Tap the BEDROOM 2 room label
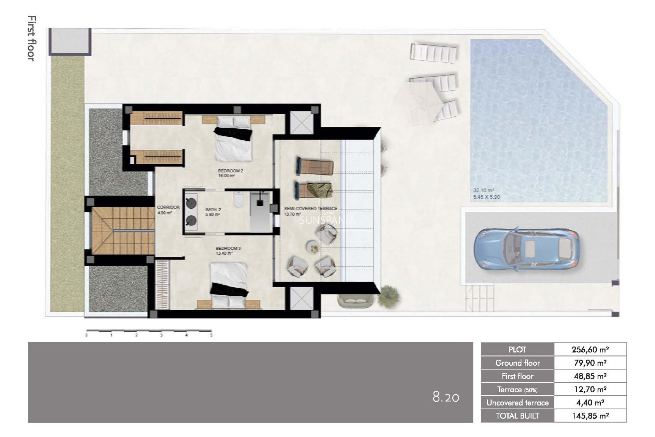(230, 170)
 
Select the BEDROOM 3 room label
(228, 248)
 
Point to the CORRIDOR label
(168, 207)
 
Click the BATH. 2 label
(213, 210)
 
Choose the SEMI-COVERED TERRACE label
(310, 208)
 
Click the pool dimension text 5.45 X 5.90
(486, 197)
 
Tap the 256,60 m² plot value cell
(590, 350)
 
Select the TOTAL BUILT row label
(517, 416)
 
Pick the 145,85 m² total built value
(590, 416)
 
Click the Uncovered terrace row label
(517, 403)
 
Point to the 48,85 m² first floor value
(590, 376)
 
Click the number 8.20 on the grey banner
(446, 397)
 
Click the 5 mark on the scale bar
(211, 335)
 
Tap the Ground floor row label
(517, 363)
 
